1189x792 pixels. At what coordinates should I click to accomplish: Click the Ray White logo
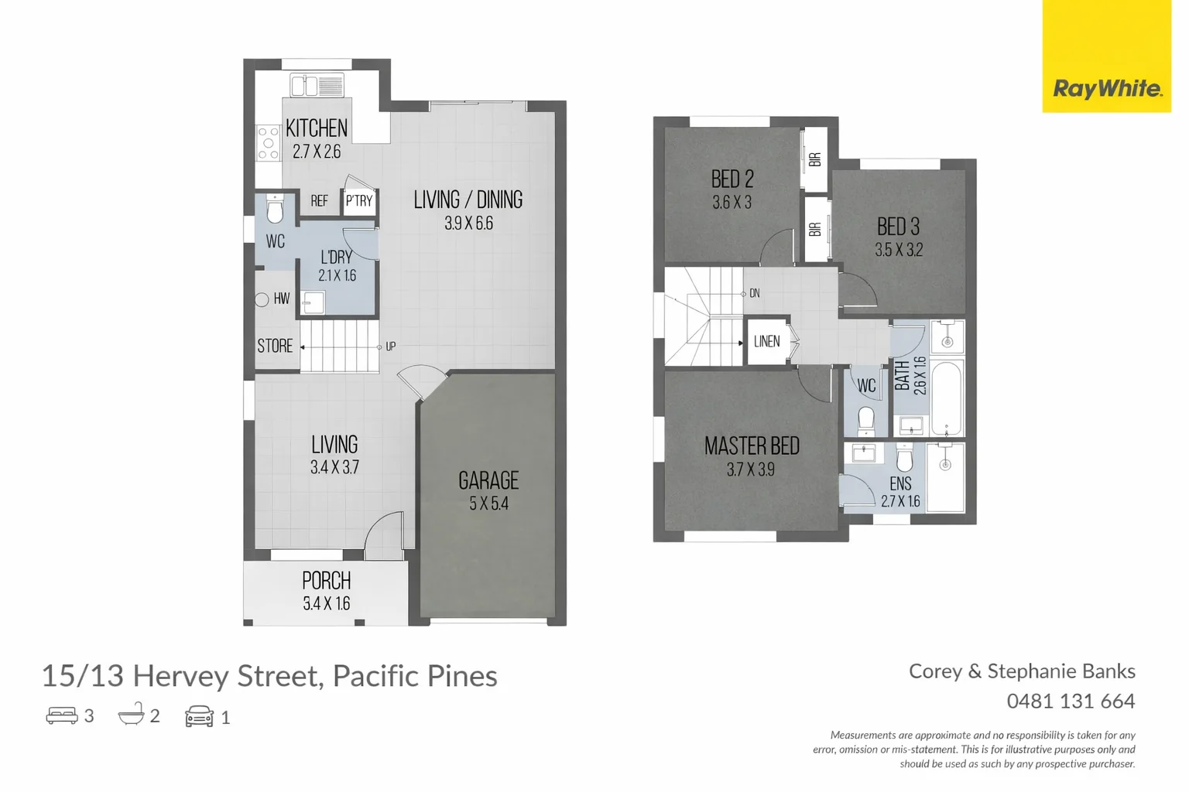click(1106, 88)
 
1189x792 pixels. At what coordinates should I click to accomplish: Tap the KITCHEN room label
click(316, 128)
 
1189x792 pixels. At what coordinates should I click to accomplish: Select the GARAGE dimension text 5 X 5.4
click(488, 504)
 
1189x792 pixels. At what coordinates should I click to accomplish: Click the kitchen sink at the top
click(316, 85)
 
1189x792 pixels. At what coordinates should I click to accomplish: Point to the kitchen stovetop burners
click(268, 143)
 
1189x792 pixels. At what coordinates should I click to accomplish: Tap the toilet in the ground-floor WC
click(275, 210)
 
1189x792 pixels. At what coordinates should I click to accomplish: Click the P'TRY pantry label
click(358, 201)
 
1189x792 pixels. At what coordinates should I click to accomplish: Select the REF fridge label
click(319, 201)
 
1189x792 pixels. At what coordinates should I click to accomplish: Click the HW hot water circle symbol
click(262, 299)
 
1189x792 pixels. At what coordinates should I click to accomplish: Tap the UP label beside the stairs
click(390, 346)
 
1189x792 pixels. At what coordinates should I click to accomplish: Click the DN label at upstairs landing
click(754, 293)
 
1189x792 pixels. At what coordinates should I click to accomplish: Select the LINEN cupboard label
click(766, 341)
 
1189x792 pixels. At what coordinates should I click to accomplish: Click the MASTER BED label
click(752, 446)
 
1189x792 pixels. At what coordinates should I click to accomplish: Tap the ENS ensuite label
click(900, 484)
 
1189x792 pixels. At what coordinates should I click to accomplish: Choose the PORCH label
click(326, 581)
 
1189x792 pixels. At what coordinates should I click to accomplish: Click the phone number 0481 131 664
click(1071, 702)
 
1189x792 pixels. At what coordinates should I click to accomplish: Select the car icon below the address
click(199, 716)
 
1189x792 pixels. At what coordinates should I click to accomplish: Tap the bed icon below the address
click(62, 715)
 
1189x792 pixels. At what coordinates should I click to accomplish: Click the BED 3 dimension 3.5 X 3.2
click(899, 250)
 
